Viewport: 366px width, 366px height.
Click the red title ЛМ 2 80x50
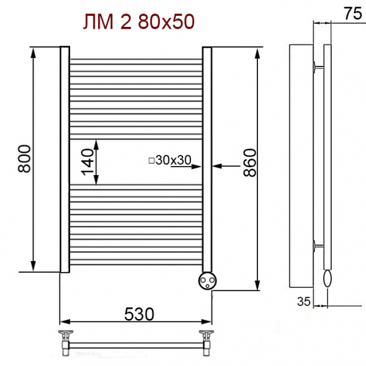[138, 22]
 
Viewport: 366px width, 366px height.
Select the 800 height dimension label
[24, 159]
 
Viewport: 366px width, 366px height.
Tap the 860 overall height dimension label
[249, 162]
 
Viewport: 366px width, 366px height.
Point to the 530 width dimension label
[139, 314]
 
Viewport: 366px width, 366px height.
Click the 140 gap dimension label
[87, 162]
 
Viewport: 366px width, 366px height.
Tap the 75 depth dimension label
[353, 13]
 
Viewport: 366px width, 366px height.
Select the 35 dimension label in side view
[304, 301]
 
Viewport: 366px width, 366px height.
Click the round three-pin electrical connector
[207, 281]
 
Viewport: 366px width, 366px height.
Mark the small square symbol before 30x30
[152, 160]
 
